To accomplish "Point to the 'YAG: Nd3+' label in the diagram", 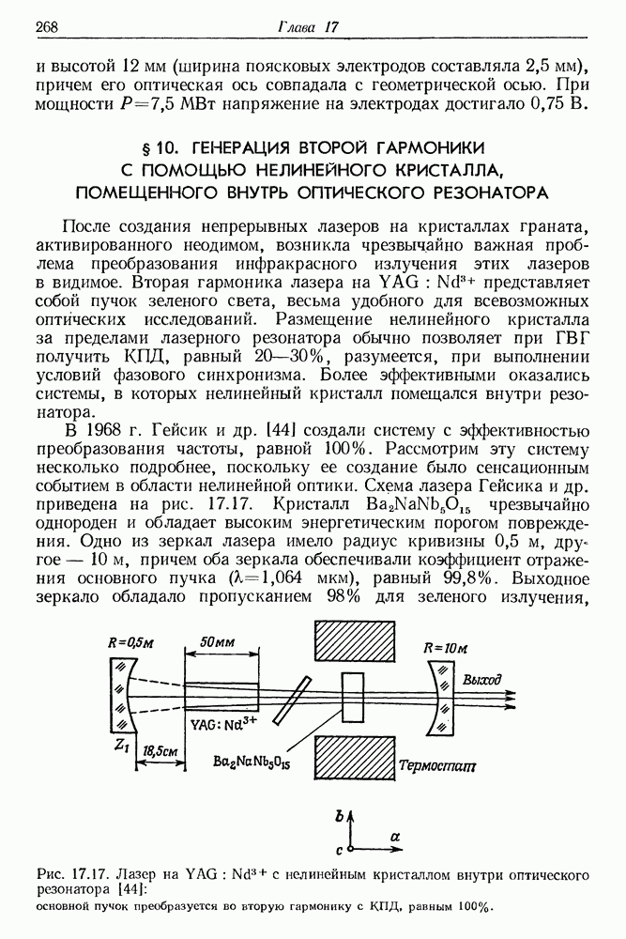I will (223, 725).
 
